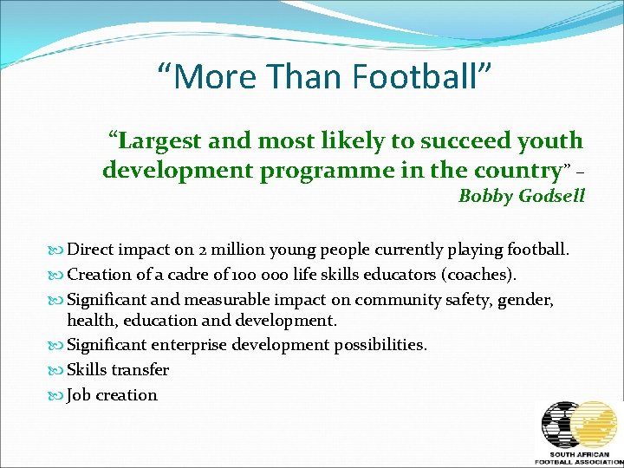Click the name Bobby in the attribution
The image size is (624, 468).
point(486,196)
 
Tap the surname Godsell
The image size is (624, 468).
point(552,196)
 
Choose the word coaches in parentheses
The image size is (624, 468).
point(479,275)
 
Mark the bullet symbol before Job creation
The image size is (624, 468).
point(58,395)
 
